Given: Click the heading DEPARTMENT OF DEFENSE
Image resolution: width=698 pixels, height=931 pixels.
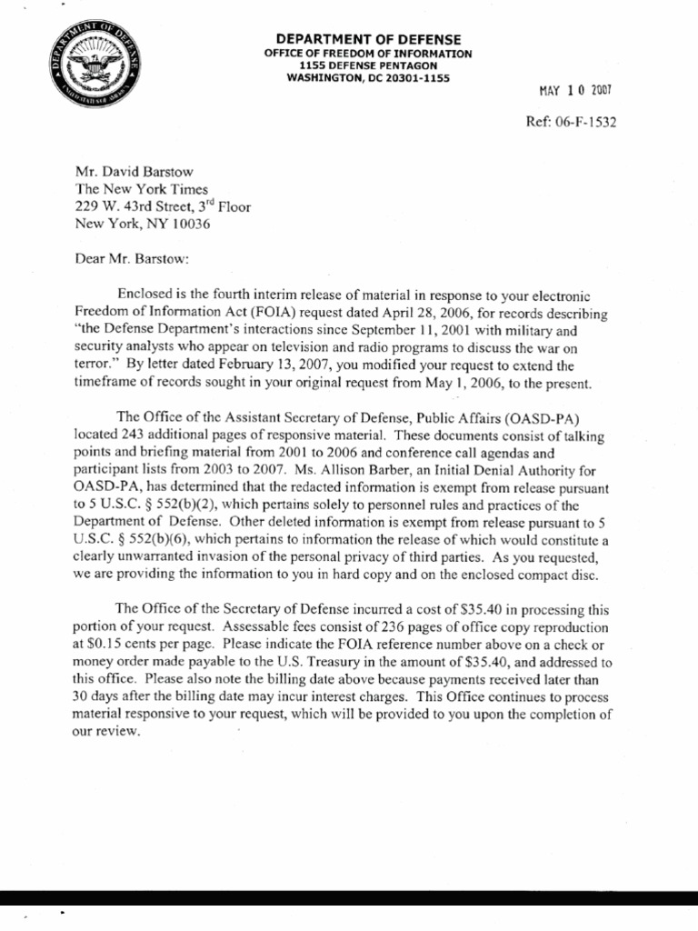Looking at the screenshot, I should (368, 40).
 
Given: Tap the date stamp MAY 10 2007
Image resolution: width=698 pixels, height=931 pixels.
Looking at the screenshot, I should (577, 92).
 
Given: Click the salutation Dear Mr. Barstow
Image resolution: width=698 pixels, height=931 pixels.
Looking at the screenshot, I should (133, 257).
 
